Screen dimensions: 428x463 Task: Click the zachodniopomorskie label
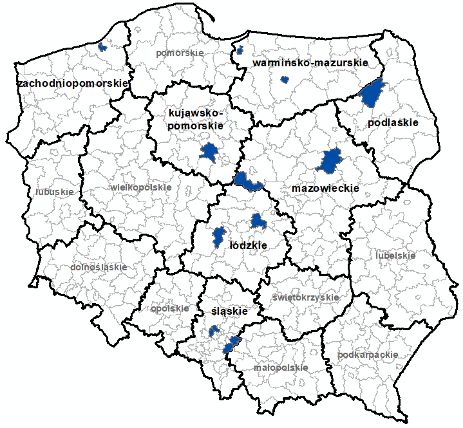click(73, 84)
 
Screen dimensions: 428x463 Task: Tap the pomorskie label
click(180, 53)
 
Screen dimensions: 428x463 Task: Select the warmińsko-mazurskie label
click(310, 63)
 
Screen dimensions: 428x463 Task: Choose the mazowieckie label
click(325, 188)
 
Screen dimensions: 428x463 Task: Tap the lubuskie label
click(55, 191)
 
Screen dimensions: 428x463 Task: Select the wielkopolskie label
click(141, 187)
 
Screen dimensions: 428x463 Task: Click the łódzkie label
click(248, 245)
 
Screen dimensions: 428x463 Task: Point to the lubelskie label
click(395, 256)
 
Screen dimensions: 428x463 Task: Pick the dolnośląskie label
click(96, 266)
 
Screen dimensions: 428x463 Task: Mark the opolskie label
click(170, 308)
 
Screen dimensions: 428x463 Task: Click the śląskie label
click(230, 312)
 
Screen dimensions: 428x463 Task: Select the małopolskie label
click(280, 368)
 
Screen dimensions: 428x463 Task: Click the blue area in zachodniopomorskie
click(101, 47)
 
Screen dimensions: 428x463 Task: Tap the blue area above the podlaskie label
click(372, 93)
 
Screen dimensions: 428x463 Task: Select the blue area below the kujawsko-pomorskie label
click(209, 153)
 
